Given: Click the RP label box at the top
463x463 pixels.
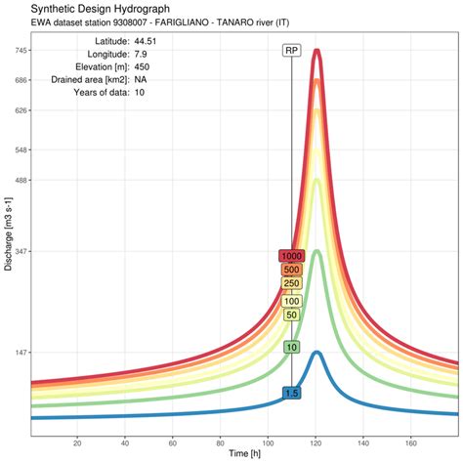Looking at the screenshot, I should click(x=291, y=50).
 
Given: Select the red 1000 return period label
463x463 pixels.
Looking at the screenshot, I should click(x=291, y=256).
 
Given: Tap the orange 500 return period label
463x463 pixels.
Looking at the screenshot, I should click(x=291, y=270).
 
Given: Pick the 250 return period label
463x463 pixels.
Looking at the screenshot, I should click(x=291, y=283).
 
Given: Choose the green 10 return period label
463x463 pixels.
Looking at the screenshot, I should click(x=291, y=347).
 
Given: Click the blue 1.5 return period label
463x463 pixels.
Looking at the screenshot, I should click(x=291, y=393).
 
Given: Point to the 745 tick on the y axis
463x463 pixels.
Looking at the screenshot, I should click(x=20, y=50).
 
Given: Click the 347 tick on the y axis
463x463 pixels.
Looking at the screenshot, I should click(x=20, y=251).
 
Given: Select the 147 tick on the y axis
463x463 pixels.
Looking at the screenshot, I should click(x=20, y=353).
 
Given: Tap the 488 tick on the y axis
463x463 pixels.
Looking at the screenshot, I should click(x=20, y=180).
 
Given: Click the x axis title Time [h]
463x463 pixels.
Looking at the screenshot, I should click(x=244, y=454).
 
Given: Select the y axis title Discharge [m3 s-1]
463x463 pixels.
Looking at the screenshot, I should click(x=8, y=234).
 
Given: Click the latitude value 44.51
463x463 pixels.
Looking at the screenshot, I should click(x=147, y=40).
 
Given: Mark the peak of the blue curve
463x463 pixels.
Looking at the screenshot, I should click(x=316, y=352).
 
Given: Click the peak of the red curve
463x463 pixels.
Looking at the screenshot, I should click(x=316, y=50).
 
